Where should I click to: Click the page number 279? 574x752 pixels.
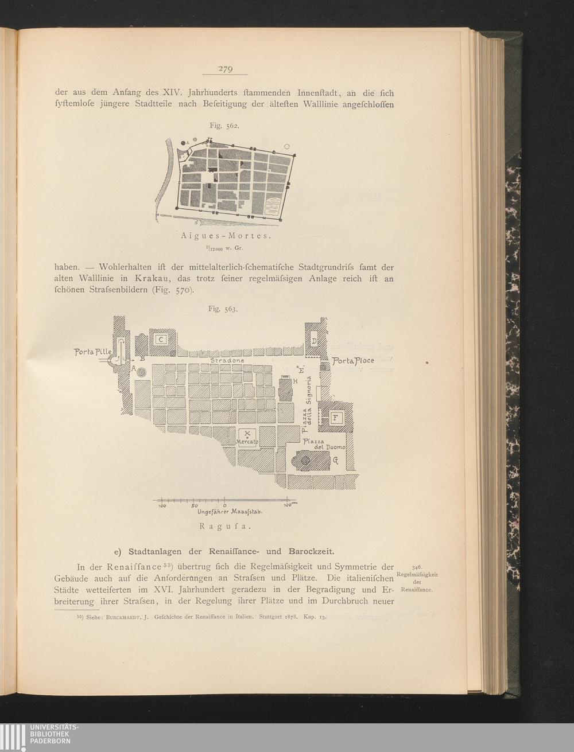[x=226, y=69]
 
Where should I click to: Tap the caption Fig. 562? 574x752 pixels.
[x=224, y=126]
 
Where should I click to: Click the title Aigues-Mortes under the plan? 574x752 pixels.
[x=226, y=236]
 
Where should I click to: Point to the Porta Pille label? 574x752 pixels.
[x=93, y=352]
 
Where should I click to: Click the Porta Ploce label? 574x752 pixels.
[x=352, y=361]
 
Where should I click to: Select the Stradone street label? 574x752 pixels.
[x=227, y=360]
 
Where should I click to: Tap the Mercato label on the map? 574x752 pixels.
[x=247, y=442]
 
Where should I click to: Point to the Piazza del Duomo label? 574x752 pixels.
[x=324, y=445]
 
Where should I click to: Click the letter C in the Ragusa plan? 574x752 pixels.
[x=161, y=340]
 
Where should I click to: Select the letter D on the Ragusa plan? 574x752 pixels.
[x=314, y=341]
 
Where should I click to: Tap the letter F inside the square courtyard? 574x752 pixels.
[x=335, y=418]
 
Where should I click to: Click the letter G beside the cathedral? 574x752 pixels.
[x=335, y=461]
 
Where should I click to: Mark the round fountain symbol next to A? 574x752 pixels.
[x=142, y=372]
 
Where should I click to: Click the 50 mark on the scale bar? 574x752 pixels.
[x=195, y=505]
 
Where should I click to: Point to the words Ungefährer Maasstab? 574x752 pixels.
[x=230, y=512]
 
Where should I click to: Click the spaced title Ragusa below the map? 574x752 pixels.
[x=226, y=527]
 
